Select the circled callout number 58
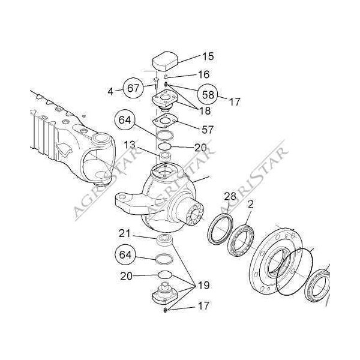click(x=208, y=95)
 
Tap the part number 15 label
click(x=208, y=56)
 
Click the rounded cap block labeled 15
click(x=166, y=61)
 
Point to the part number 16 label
click(x=203, y=74)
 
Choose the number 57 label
click(x=208, y=130)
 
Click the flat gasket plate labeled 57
click(x=165, y=121)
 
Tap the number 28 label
click(x=230, y=197)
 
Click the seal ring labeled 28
click(x=220, y=229)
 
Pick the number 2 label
click(x=250, y=204)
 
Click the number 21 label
click(x=125, y=234)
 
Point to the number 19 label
click(x=203, y=286)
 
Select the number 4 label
click(x=110, y=92)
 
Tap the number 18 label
click(x=205, y=110)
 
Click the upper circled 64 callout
click(x=125, y=120)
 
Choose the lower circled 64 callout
click(x=125, y=254)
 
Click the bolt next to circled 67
click(x=156, y=83)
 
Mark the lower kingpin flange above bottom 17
click(x=165, y=293)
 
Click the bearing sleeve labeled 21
click(x=164, y=240)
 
